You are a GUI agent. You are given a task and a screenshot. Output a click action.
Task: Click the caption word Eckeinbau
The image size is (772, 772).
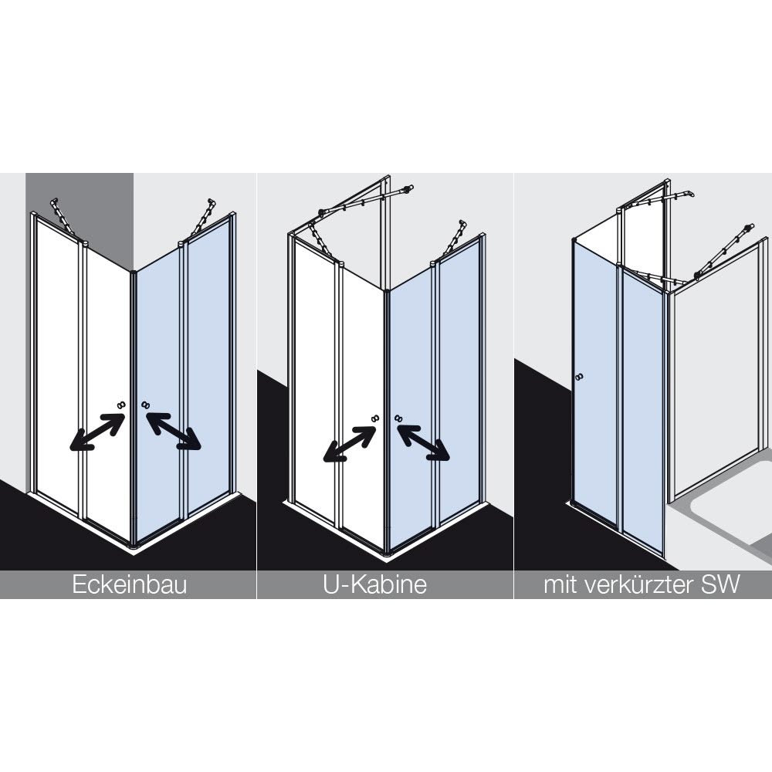click(x=130, y=585)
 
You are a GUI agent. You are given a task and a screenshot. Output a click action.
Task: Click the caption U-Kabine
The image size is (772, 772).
click(x=374, y=585)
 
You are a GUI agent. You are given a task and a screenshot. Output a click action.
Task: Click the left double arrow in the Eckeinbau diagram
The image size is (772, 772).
click(x=97, y=432)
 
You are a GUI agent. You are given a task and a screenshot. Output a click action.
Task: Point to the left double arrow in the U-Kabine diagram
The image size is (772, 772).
click(x=350, y=444)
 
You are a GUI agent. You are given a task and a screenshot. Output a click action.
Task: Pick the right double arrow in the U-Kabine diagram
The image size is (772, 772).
click(x=423, y=442)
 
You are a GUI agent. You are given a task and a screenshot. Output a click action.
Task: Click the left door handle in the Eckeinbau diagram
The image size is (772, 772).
click(x=120, y=405)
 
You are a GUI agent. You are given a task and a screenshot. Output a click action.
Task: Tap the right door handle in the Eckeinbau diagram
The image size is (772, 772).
click(x=145, y=405)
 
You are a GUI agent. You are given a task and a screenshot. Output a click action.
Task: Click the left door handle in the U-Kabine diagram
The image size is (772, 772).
click(x=374, y=418)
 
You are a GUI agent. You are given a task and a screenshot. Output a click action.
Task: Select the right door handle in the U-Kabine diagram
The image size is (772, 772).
click(x=398, y=418)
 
